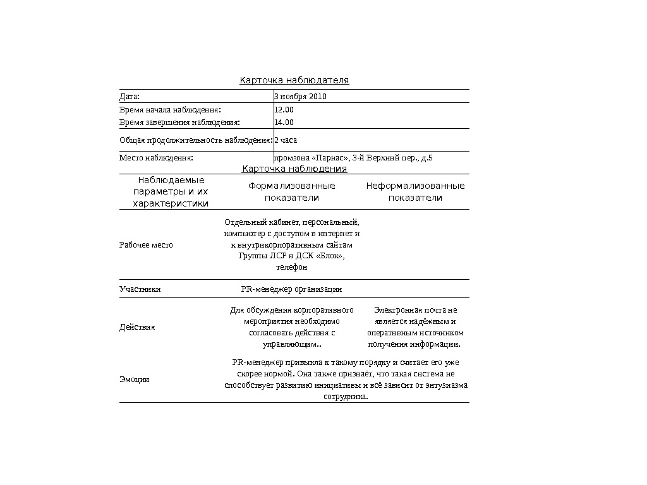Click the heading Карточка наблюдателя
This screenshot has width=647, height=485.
[x=294, y=81]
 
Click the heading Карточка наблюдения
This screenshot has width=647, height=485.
[x=294, y=169]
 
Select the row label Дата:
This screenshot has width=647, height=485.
[x=130, y=97]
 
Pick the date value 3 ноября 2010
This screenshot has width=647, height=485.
[x=300, y=97]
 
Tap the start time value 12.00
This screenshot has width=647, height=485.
[x=284, y=109]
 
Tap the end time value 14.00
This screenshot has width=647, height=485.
[x=284, y=123]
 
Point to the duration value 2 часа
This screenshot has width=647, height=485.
[x=286, y=140]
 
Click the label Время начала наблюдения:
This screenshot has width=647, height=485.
[x=171, y=109]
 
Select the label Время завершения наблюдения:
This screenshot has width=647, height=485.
[x=180, y=123]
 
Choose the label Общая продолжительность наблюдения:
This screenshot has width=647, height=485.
[x=196, y=140]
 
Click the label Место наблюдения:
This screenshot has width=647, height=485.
[x=156, y=157]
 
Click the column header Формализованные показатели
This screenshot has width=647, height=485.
[x=292, y=192]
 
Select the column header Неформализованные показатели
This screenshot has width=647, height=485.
[x=415, y=192]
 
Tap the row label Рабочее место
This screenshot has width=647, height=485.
[x=146, y=245]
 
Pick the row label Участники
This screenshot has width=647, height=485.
[x=140, y=289]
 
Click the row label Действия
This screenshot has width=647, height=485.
[x=138, y=327]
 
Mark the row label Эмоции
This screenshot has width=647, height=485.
[x=135, y=380]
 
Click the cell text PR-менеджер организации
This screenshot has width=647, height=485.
[x=292, y=289]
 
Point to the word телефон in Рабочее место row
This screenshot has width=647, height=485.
[x=292, y=268]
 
